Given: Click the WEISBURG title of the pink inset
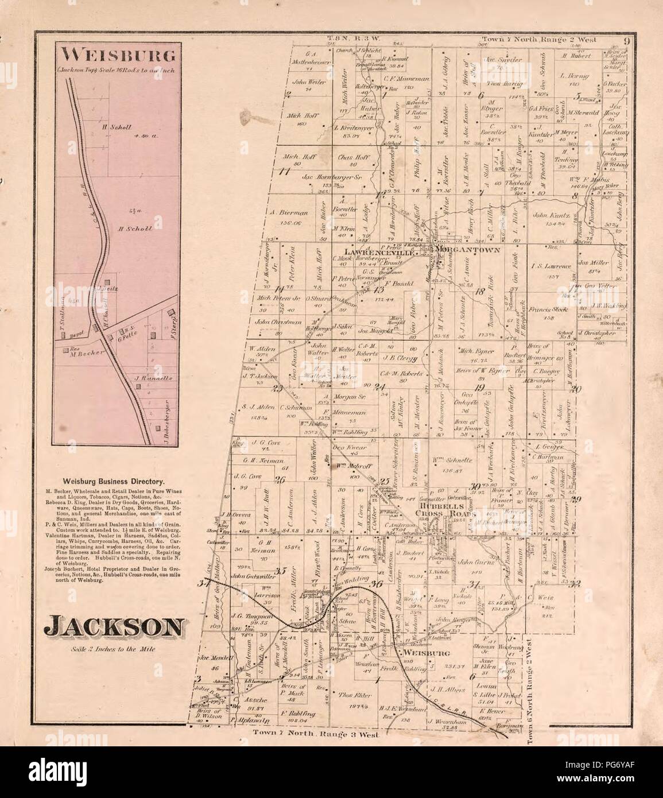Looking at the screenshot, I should coord(111,57).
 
